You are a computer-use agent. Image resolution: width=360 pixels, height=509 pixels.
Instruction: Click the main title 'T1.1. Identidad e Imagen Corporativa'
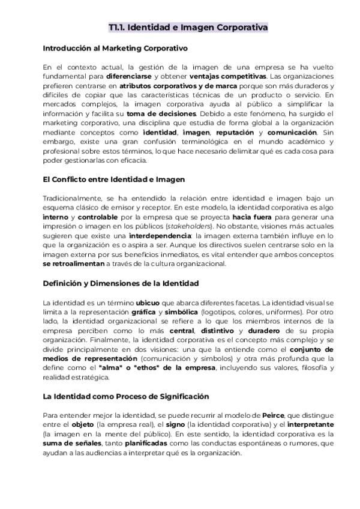(x=188, y=28)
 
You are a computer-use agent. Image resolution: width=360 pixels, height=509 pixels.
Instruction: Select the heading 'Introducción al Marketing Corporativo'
(x=115, y=47)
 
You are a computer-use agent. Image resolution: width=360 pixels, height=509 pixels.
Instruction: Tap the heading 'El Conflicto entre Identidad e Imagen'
(x=113, y=179)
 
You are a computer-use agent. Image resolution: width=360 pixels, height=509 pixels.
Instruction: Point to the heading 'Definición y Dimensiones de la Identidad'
(x=121, y=283)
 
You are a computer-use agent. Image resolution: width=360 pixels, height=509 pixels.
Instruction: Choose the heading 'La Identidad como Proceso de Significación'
(x=126, y=396)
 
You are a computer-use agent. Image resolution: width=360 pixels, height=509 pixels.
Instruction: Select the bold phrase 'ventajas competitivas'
(x=227, y=77)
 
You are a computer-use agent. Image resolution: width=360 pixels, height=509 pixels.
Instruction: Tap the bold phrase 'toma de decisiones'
(x=153, y=114)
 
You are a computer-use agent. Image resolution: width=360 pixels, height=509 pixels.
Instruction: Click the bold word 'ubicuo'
(x=148, y=303)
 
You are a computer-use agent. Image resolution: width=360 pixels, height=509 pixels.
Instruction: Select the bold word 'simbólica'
(x=181, y=312)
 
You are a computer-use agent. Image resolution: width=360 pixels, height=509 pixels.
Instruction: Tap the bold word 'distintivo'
(x=217, y=331)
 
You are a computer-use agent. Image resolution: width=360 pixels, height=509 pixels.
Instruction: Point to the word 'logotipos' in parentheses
(x=219, y=312)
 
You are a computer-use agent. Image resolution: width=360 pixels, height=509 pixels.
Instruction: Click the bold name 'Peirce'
(x=274, y=415)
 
